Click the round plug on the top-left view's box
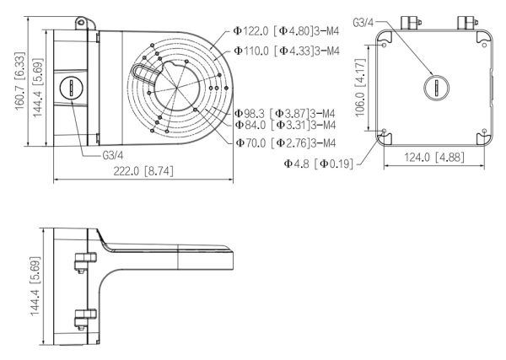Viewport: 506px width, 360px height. pos(71,87)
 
